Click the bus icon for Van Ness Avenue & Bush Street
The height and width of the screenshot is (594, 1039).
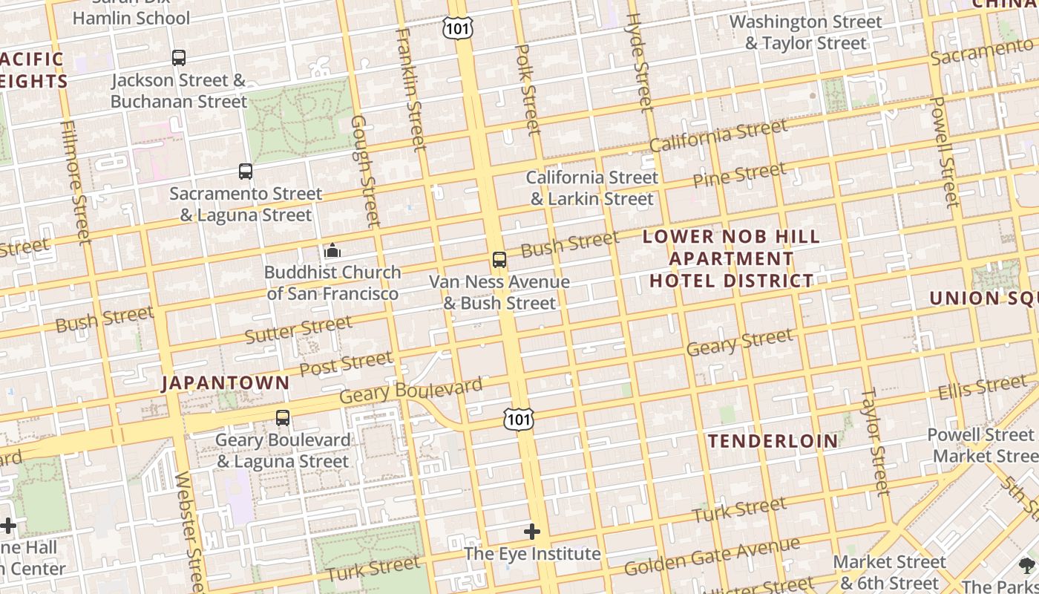[499, 260]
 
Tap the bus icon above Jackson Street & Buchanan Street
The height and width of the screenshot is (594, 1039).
[179, 58]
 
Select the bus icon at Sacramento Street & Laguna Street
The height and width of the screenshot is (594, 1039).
[246, 172]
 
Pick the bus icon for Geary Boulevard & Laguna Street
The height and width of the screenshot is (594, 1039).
[283, 418]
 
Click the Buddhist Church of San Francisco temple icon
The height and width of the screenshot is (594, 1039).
[332, 250]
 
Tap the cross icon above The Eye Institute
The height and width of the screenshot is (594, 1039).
[532, 532]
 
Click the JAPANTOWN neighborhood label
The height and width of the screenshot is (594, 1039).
[226, 383]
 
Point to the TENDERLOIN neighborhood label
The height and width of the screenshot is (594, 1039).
[773, 441]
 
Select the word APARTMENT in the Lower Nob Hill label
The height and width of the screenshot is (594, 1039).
[732, 259]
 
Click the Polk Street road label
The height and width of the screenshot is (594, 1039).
[528, 89]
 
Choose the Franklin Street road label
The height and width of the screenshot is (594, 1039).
[411, 89]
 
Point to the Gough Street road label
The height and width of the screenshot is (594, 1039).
[365, 171]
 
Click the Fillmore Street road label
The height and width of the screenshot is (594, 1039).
[76, 182]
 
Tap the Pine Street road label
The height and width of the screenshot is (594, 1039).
[738, 175]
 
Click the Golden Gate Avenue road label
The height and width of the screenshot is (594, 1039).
[712, 557]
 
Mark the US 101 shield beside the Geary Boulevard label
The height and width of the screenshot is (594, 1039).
[518, 420]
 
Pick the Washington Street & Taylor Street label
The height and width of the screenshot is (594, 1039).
[806, 33]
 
